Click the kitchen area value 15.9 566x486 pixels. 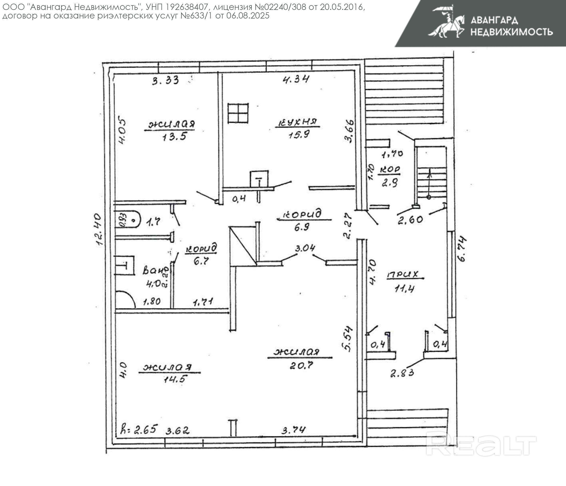coord(299,135)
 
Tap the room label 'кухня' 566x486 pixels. coord(298,122)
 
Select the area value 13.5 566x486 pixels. coord(174,136)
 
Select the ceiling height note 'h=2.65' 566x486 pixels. coord(139,430)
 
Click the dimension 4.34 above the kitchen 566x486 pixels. coord(296,79)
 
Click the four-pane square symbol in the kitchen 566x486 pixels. coord(238,113)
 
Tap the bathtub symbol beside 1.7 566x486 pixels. coord(128,219)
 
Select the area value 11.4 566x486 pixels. coord(404,288)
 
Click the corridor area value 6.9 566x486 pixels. coord(302,227)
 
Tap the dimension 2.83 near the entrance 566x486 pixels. coord(402,373)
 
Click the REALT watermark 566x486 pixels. coord(481,445)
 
